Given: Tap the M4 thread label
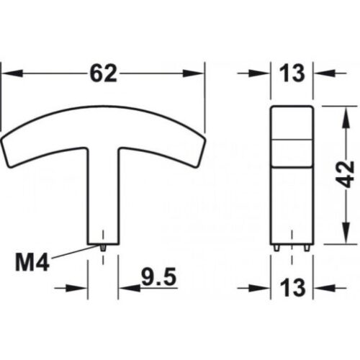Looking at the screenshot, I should (30, 262).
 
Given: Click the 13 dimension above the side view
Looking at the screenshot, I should (292, 72).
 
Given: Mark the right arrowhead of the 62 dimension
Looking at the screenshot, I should (196, 73).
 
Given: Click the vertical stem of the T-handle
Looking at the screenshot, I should (104, 194).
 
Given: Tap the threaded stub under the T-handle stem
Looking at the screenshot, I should (104, 246).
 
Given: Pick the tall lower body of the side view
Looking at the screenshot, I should (292, 202).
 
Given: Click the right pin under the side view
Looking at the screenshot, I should (307, 247).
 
